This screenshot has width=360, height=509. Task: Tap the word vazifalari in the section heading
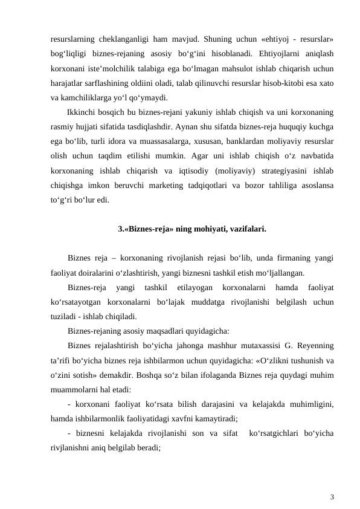click(x=246, y=229)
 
